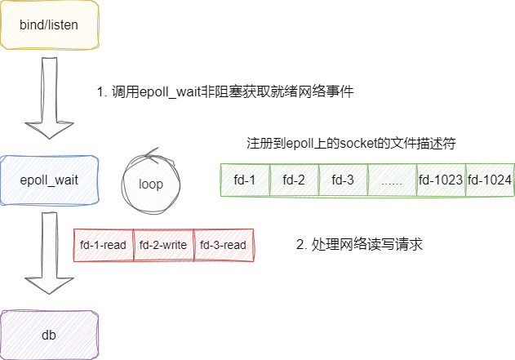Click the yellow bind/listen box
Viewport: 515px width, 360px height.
point(49,25)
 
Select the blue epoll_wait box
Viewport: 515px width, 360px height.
point(49,180)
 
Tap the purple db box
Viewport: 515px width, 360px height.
point(49,335)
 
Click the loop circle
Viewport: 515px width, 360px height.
point(151,181)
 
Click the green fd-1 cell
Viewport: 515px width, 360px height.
point(246,180)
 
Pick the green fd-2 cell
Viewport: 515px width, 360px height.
point(294,180)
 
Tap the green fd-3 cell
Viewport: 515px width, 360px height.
point(343,180)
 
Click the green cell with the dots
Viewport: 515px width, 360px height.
point(392,180)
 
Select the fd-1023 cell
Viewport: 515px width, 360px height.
point(440,180)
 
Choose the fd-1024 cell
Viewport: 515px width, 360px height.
point(490,180)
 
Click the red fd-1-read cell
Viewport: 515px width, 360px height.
point(104,245)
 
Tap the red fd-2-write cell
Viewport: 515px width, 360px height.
point(163,245)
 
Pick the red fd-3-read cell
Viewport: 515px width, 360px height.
point(224,245)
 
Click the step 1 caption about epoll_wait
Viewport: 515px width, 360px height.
point(224,92)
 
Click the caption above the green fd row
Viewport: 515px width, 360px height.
point(350,143)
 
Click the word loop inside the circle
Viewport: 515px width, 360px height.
point(151,184)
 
